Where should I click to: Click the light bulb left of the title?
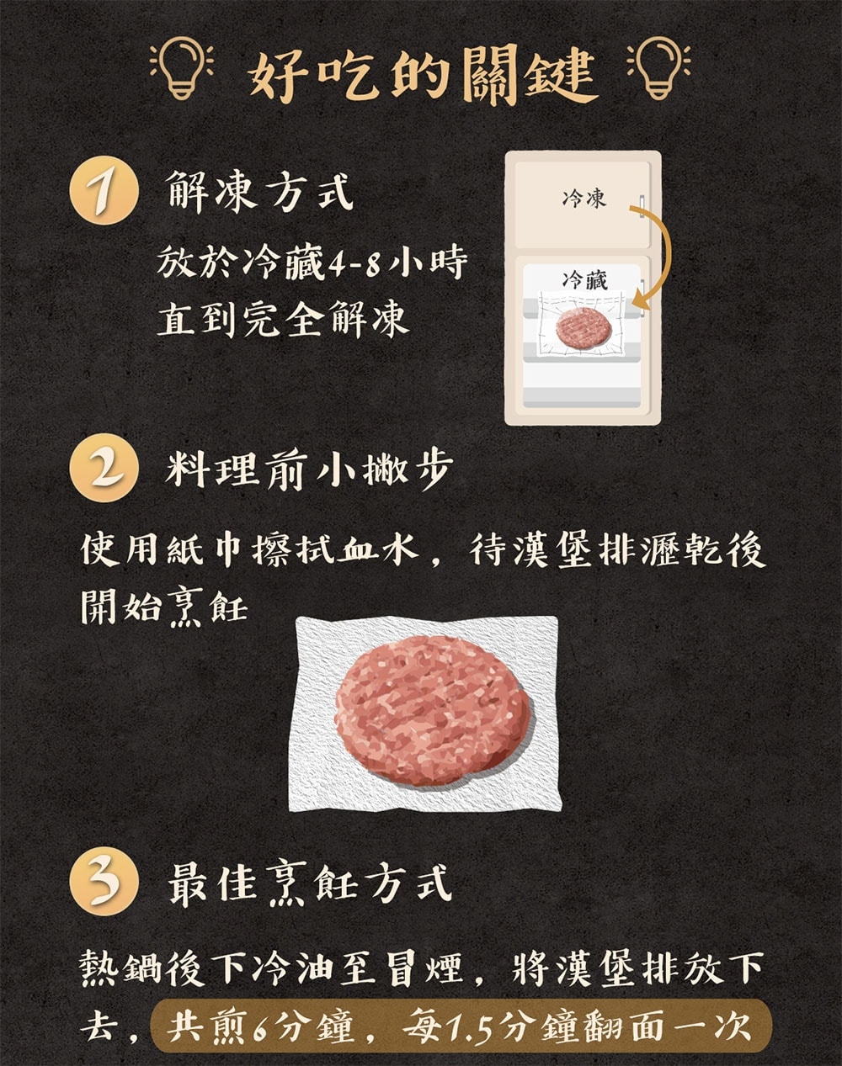tap(182, 69)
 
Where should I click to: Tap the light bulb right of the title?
tap(658, 69)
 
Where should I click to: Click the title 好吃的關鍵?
tap(422, 74)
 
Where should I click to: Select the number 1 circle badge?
tap(104, 191)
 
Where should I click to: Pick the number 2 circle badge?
tap(104, 468)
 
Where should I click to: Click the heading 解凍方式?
tap(259, 192)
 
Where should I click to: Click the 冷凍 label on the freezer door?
tap(584, 199)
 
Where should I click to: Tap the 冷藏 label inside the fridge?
tap(585, 280)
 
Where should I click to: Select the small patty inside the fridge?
tap(582, 327)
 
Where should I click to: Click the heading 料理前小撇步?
tap(309, 468)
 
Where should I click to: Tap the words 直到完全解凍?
tap(283, 319)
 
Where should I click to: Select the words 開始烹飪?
tap(164, 607)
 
